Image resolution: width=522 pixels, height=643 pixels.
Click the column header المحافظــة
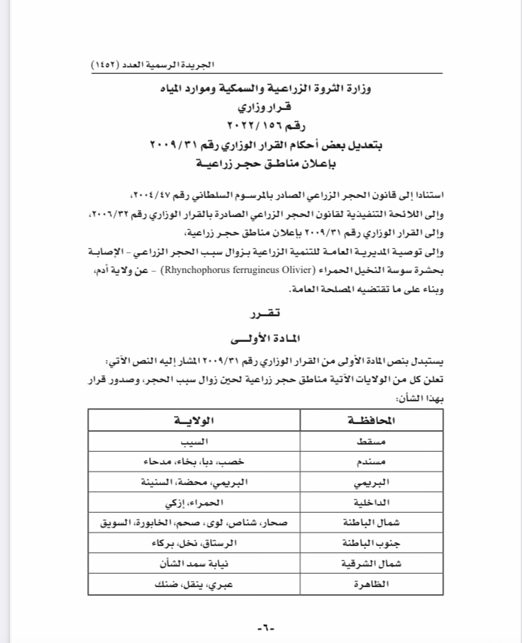374,420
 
